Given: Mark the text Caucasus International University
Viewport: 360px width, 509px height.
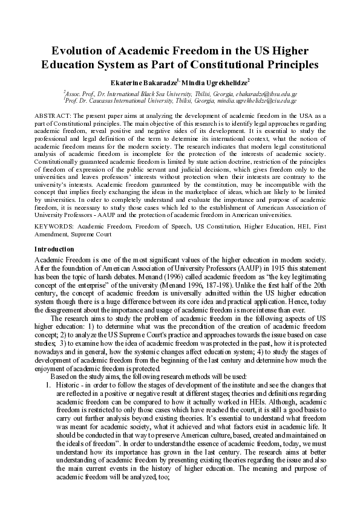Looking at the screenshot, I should click(142, 101).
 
